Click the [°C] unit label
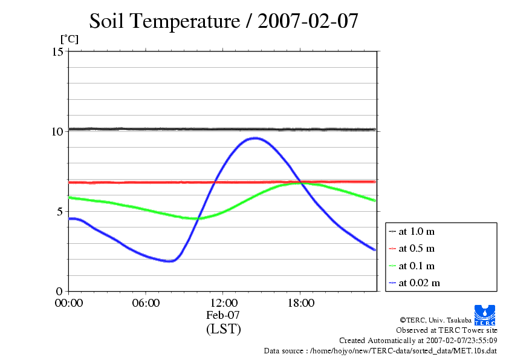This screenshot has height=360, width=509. point(68,39)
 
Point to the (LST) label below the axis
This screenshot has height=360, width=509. point(223,329)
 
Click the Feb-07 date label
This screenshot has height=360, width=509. point(223,315)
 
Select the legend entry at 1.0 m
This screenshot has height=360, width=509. point(416,231)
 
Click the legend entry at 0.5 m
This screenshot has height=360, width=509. point(416,248)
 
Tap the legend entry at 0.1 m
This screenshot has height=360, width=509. point(416,266)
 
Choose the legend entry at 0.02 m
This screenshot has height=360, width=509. point(418,283)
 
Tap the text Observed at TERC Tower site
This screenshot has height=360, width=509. point(447,330)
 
